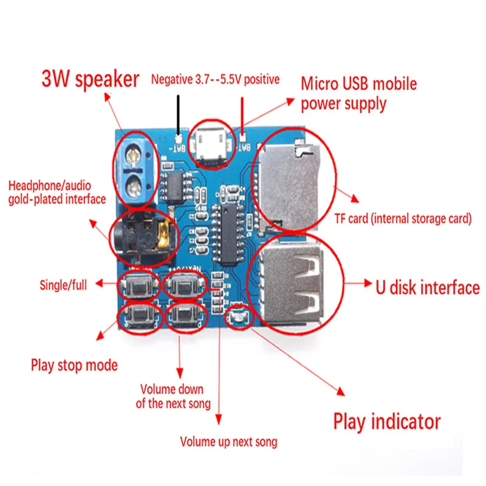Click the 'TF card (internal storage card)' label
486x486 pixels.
(x=403, y=219)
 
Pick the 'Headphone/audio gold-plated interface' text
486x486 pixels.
(x=57, y=191)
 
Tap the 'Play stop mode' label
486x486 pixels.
(x=74, y=366)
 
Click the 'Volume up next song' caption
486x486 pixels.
(x=228, y=442)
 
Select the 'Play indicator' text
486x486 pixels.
(x=386, y=421)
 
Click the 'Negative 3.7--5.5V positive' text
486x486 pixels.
(x=215, y=79)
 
